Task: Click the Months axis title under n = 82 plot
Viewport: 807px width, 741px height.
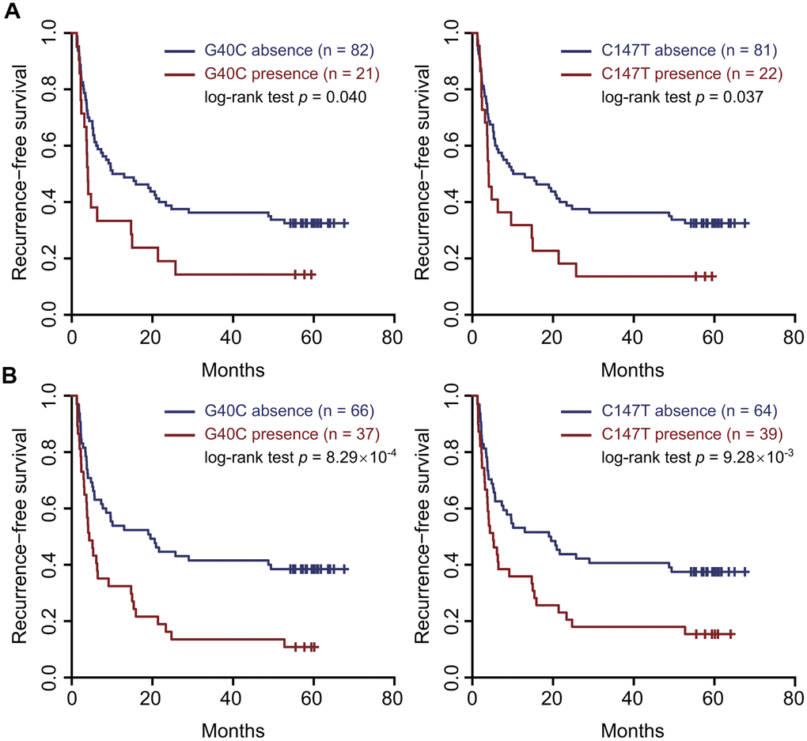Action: point(233,369)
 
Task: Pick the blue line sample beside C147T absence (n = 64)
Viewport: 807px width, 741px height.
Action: point(578,412)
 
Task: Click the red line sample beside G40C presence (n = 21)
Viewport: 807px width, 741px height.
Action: point(181,76)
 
